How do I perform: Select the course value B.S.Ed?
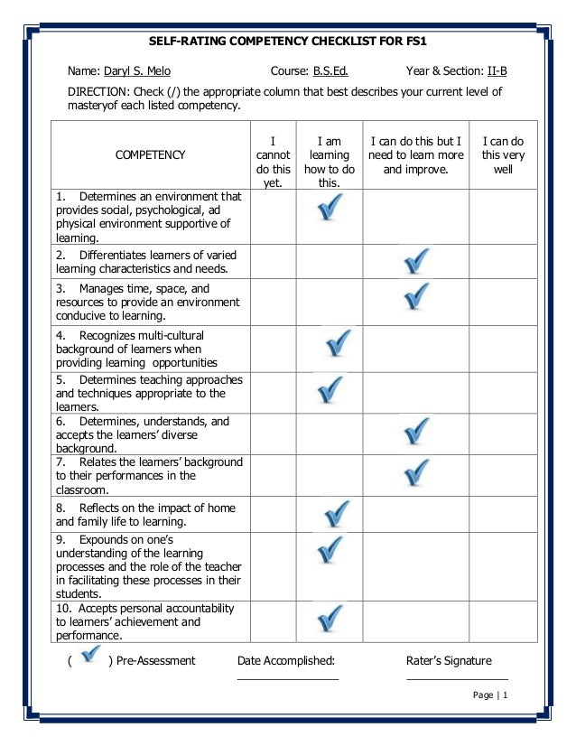pyautogui.click(x=330, y=70)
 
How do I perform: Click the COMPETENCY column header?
pyautogui.click(x=150, y=154)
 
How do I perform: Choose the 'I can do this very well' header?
pyautogui.click(x=503, y=154)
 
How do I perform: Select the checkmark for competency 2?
pyautogui.click(x=415, y=262)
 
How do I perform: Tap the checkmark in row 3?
pyautogui.click(x=415, y=295)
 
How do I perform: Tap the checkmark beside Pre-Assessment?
pyautogui.click(x=88, y=656)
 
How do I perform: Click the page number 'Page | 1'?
pyautogui.click(x=491, y=695)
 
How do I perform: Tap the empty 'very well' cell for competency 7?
pyautogui.click(x=503, y=475)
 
